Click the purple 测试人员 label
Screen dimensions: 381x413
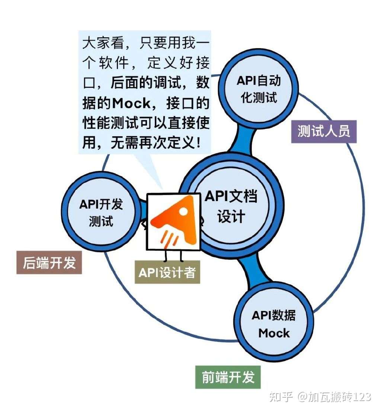(324, 131)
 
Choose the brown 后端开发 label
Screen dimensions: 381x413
(49, 263)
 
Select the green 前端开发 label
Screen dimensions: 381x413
(228, 377)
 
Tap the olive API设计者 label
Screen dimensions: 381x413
(167, 273)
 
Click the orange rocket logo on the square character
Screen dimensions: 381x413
(173, 220)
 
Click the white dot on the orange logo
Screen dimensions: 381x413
(183, 211)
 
